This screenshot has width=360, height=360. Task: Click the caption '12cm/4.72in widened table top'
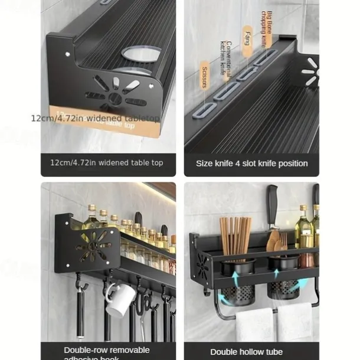point(107,163)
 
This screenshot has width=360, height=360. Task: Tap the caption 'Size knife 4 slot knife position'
point(252,163)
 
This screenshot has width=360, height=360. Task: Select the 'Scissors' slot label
point(204,77)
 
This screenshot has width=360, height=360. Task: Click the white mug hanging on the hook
point(121,300)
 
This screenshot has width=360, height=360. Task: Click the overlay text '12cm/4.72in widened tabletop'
point(95,118)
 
